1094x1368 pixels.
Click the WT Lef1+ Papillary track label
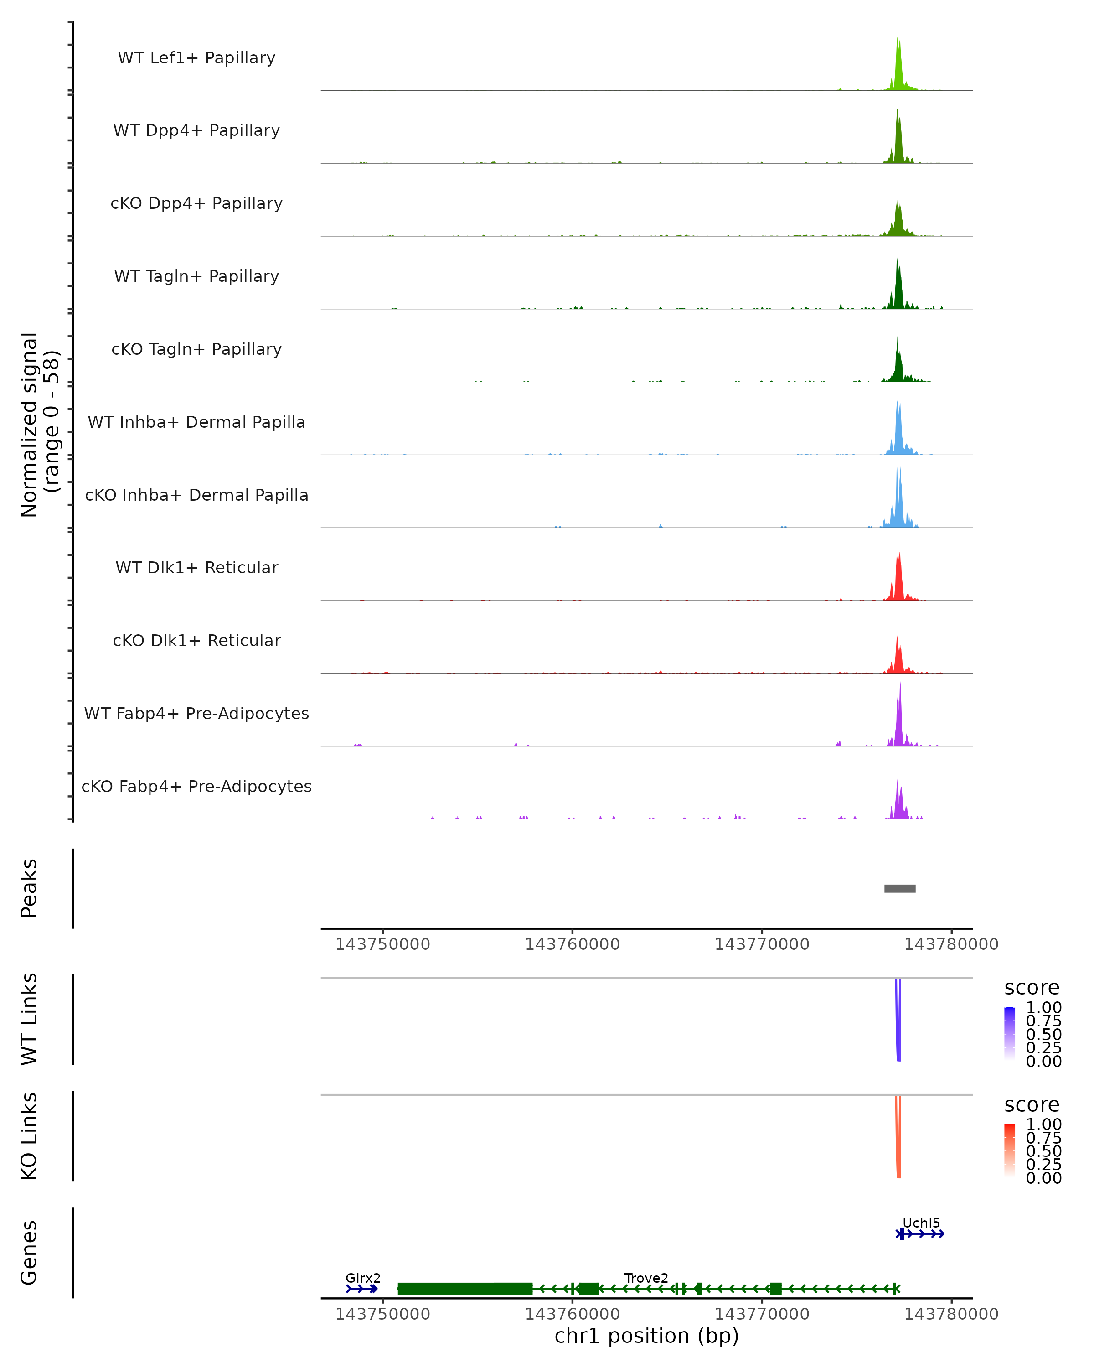coord(196,58)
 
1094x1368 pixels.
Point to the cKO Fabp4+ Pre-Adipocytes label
coord(196,786)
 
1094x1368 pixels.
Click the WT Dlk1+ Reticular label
coord(196,568)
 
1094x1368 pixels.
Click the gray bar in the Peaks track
coord(899,888)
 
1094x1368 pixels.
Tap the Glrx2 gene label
coord(363,1278)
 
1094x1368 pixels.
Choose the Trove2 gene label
coord(646,1278)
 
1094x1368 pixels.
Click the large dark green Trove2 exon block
coord(464,1289)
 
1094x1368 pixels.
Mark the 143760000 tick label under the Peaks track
coord(572,944)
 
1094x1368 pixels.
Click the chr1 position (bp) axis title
coord(646,1336)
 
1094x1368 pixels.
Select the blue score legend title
coord(1031,988)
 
